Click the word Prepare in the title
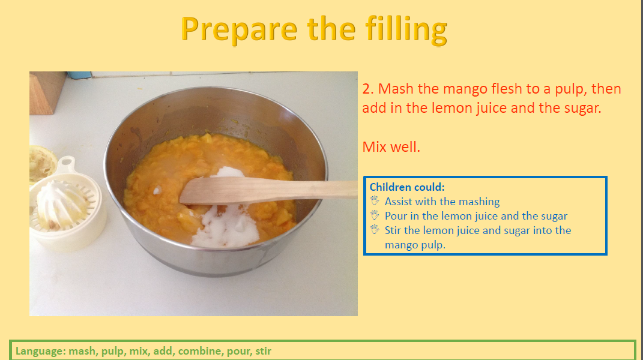(239, 30)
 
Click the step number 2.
(368, 89)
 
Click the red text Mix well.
(391, 147)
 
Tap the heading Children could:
(407, 187)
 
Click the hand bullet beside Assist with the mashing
(375, 200)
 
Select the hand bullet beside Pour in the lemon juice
(375, 215)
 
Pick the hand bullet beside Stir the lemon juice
(375, 229)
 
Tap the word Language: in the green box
(40, 352)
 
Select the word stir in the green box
(264, 351)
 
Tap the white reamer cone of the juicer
(60, 204)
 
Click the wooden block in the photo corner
(46, 92)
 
